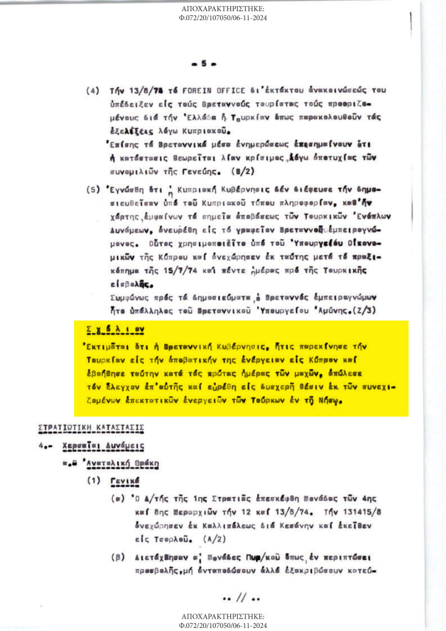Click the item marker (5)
click(93, 192)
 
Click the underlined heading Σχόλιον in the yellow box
click(116, 330)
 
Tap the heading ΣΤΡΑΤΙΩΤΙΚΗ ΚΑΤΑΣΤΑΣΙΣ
click(91, 427)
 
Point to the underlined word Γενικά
click(125, 480)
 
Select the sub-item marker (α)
click(116, 499)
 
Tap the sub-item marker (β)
click(116, 558)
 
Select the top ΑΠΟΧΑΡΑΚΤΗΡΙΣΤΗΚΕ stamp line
click(223, 10)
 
